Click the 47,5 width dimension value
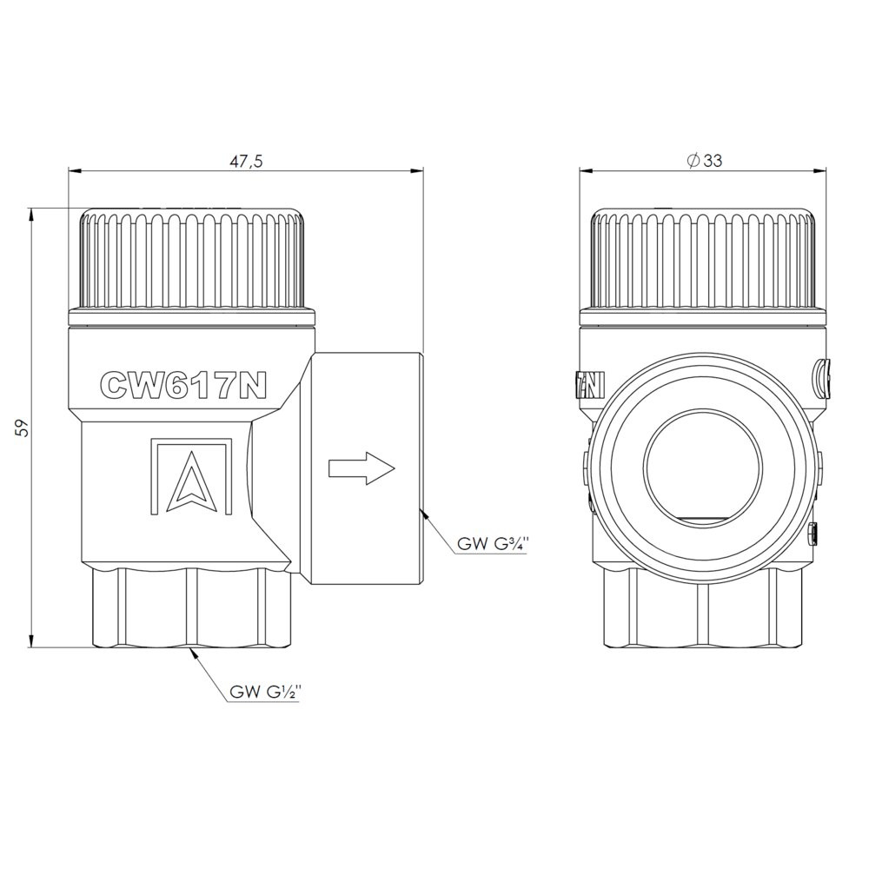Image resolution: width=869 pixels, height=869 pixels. click(x=246, y=161)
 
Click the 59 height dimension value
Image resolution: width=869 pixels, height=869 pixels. click(x=23, y=428)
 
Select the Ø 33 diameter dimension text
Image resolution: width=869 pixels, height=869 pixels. click(x=704, y=161)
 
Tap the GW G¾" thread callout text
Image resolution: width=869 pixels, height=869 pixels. click(x=489, y=544)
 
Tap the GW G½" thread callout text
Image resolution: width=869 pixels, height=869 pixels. click(x=265, y=693)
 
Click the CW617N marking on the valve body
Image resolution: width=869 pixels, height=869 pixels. click(x=182, y=385)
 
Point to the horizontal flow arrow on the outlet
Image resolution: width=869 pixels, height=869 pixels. click(x=362, y=468)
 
